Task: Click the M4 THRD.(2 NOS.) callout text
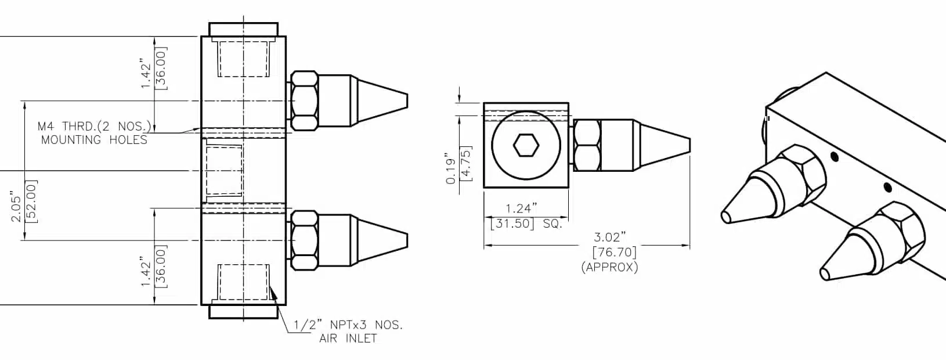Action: [x=94, y=126]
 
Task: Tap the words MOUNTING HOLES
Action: [x=94, y=140]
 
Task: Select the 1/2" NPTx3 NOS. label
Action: [x=348, y=325]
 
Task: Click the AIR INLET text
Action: [x=348, y=339]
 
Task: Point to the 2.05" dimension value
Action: [x=16, y=208]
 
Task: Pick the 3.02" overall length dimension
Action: [x=610, y=237]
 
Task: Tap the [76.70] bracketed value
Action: [x=614, y=252]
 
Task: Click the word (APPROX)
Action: [x=609, y=268]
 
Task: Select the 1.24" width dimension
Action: [x=522, y=208]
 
